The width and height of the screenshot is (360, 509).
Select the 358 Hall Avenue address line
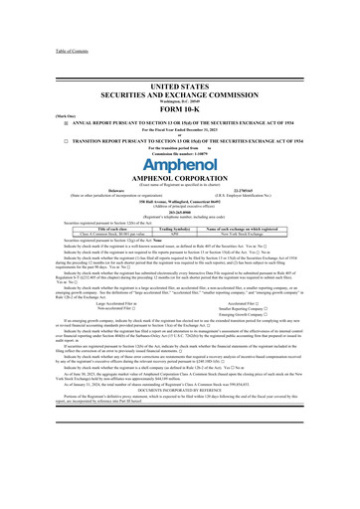coord(180,205)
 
